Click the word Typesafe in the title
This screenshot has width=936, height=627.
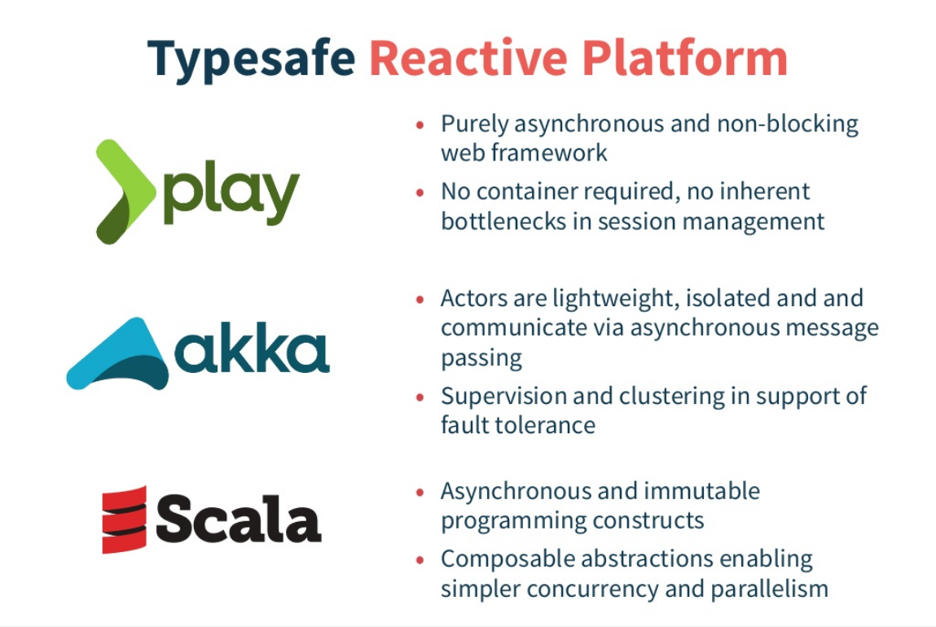pos(251,59)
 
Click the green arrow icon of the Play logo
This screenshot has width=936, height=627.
pos(124,192)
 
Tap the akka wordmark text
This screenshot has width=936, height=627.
pos(253,352)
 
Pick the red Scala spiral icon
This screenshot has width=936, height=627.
pos(124,520)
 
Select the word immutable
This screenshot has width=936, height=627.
pos(703,492)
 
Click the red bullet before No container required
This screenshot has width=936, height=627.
pos(420,193)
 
